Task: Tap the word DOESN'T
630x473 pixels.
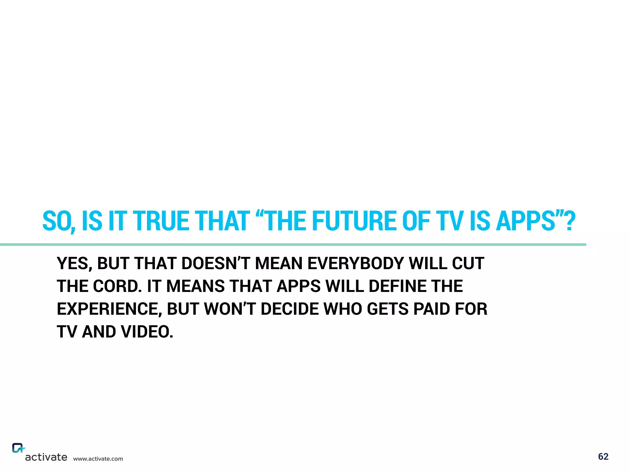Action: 216,264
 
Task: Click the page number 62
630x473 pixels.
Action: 603,456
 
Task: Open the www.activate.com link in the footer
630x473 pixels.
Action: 98,459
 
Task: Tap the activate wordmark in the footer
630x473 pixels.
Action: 46,457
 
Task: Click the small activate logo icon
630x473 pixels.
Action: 18,448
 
